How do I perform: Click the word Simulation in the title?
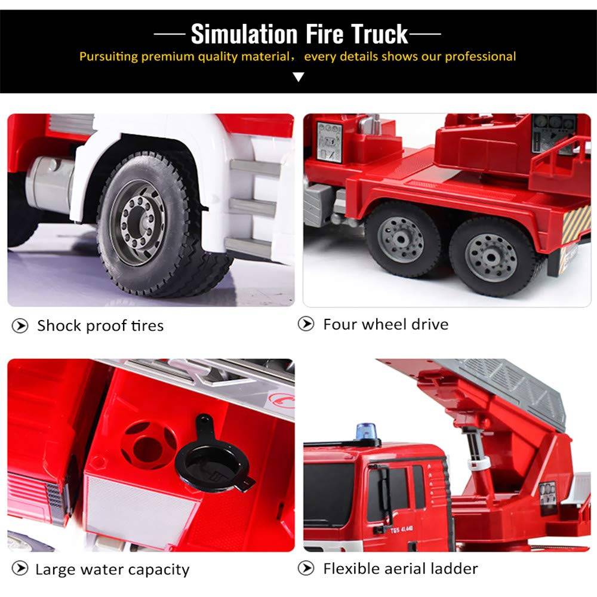244,34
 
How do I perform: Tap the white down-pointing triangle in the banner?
298,77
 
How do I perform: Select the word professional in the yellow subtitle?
480,57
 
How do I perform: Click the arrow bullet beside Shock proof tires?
20,326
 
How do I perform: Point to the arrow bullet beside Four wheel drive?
306,324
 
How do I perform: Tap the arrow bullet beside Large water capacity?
20,569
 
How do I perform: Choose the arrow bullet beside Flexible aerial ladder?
306,568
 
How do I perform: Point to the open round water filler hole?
149,444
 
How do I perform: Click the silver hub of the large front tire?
138,223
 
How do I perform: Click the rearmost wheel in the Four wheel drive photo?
491,257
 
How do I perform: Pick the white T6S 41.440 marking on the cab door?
401,529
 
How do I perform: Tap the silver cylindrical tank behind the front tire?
50,183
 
